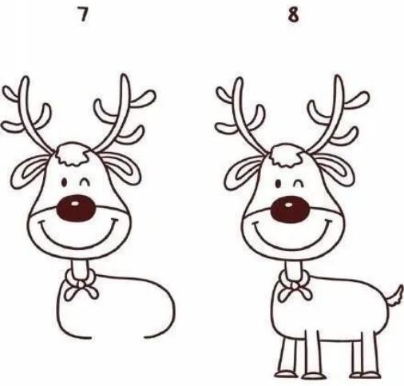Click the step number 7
83,14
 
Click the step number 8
293,15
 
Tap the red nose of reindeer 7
76,209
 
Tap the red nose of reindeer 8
290,209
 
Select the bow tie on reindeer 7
80,285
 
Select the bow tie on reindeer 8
295,286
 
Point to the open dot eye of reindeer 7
64,182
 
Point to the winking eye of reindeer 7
85,181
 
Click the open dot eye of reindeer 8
278,183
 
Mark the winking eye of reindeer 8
299,183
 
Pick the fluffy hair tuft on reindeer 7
72,154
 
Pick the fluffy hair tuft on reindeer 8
286,155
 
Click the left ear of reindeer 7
29,171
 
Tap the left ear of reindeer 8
243,172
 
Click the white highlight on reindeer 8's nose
289,205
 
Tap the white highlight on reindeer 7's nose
75,204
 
